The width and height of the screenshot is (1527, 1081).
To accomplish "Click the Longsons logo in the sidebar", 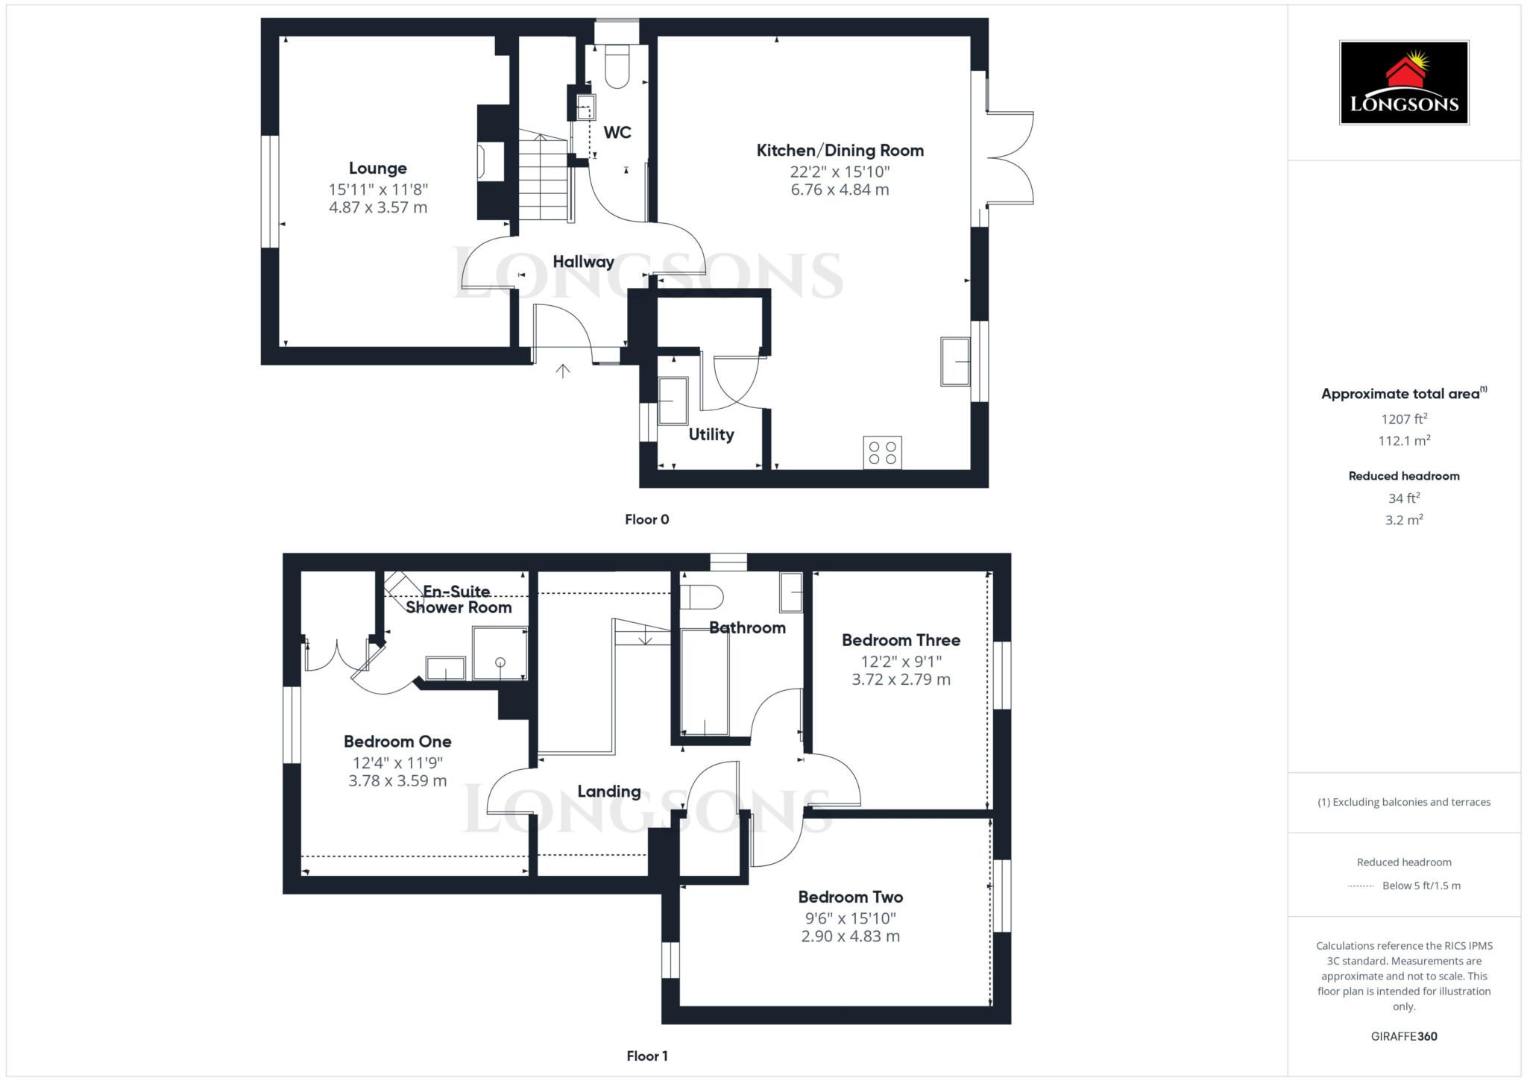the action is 1404,82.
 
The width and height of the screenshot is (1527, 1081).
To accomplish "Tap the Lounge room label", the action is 378,169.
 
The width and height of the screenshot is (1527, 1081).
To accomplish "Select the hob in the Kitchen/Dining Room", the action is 883,453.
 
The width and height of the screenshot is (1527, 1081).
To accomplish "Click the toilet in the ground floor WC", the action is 618,66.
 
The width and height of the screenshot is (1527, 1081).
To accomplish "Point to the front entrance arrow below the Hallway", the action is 563,371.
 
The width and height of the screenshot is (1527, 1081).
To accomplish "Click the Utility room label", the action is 711,434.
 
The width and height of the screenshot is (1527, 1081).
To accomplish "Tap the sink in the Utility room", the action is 673,401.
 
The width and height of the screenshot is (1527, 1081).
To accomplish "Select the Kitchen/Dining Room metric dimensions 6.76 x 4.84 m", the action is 840,189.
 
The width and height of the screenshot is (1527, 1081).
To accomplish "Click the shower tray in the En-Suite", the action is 500,654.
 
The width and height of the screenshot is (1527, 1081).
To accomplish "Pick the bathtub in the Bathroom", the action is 705,682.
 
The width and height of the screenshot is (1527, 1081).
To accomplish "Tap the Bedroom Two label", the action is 851,897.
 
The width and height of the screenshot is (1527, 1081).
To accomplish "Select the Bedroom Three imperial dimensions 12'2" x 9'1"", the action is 901,661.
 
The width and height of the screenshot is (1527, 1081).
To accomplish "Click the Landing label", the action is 609,792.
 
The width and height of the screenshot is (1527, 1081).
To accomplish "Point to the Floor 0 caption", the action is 647,519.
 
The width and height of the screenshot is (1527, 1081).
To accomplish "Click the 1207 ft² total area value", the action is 1404,419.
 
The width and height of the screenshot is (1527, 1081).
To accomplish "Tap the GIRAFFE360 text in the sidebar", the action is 1404,1036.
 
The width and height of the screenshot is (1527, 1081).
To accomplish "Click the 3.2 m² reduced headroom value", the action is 1404,520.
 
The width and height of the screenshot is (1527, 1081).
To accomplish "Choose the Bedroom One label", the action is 397,742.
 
